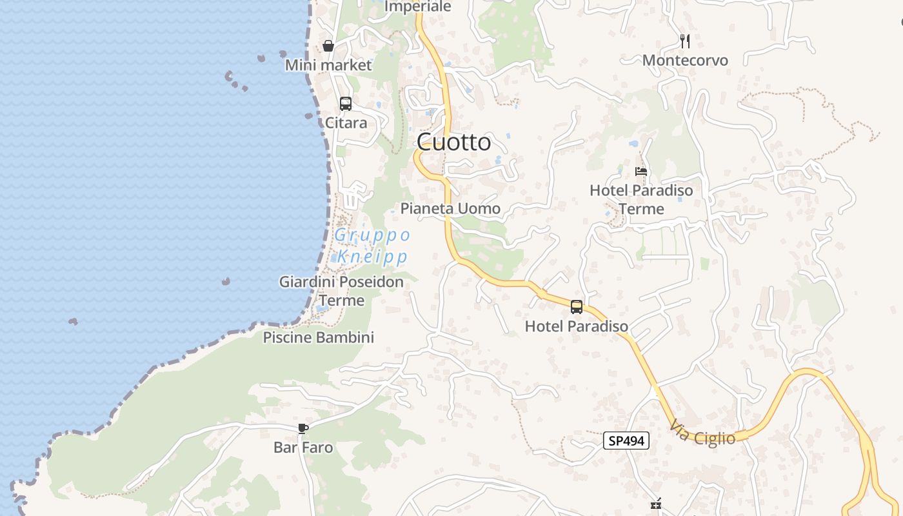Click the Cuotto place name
point(453,142)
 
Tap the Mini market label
point(328,65)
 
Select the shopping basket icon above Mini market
point(328,46)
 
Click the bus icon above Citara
point(346,103)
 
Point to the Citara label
point(346,123)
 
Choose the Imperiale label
point(417,6)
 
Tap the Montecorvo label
point(685,61)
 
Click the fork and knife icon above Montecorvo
point(685,41)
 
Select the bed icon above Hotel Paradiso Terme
point(641,172)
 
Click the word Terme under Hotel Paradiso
point(641,209)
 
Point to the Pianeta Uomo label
point(450,208)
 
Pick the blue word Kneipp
point(373,257)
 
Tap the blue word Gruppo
point(372,235)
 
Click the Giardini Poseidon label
point(341,282)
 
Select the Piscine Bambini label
point(318,337)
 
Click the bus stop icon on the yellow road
point(577,307)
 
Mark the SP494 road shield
point(626,441)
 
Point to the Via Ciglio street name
point(702,433)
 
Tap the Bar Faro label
point(303,448)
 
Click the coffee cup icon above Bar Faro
point(303,428)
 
